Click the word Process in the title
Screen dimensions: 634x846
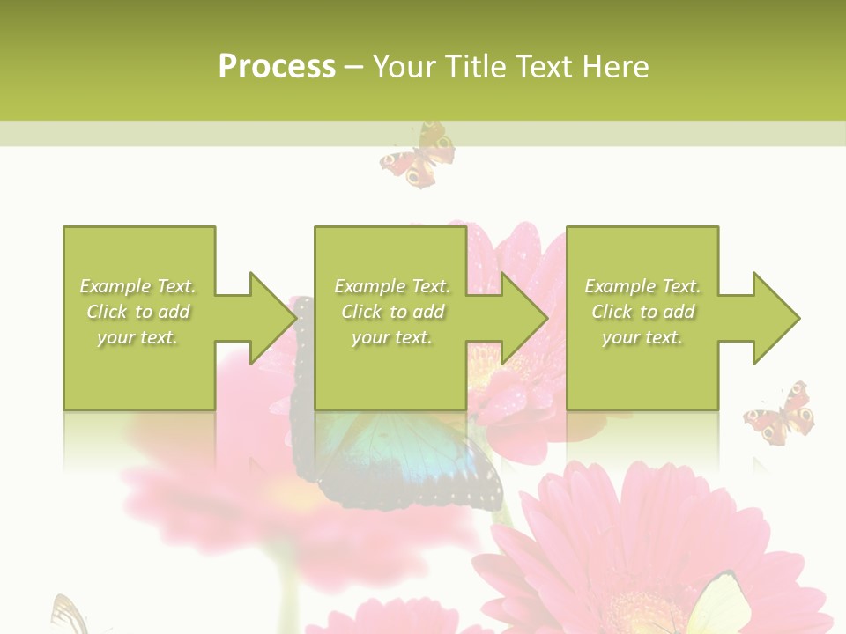pos(277,67)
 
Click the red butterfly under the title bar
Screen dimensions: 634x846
pos(418,156)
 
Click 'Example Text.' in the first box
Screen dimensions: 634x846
pos(137,286)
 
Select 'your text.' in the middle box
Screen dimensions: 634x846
pos(391,337)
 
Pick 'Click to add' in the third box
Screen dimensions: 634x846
pos(642,312)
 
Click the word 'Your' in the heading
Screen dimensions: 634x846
pos(405,67)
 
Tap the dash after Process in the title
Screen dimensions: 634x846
pos(353,67)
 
